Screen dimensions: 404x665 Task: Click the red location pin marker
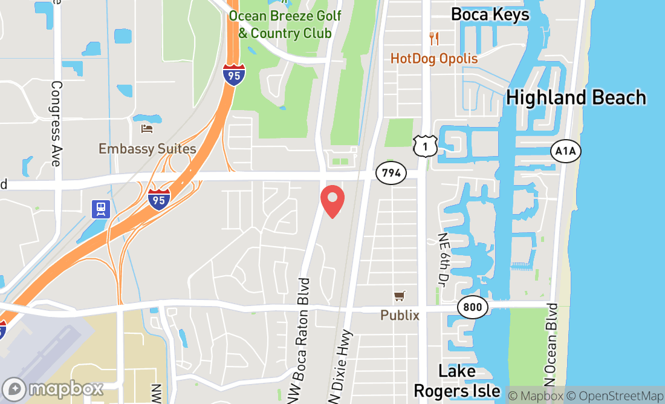pyautogui.click(x=332, y=201)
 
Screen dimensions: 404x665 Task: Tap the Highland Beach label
pyautogui.click(x=576, y=97)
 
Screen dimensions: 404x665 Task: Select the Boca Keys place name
pyautogui.click(x=490, y=15)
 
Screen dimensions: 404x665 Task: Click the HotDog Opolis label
pyautogui.click(x=434, y=59)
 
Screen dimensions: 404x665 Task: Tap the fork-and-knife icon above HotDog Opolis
pyautogui.click(x=433, y=39)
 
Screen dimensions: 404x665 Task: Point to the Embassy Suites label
pyautogui.click(x=148, y=149)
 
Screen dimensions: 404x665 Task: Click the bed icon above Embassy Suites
pyautogui.click(x=147, y=128)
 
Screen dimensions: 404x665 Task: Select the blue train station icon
pyautogui.click(x=100, y=209)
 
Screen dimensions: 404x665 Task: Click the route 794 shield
pyautogui.click(x=391, y=173)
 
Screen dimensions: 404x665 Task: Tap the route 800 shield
pyautogui.click(x=473, y=307)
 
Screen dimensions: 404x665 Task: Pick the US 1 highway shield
pyautogui.click(x=426, y=146)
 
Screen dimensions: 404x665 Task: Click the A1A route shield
pyautogui.click(x=565, y=151)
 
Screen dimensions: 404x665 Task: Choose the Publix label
pyautogui.click(x=400, y=315)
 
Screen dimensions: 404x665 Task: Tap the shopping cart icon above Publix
pyautogui.click(x=399, y=296)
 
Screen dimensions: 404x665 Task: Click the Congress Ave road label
pyautogui.click(x=56, y=123)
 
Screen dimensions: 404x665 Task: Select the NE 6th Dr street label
pyautogui.click(x=446, y=259)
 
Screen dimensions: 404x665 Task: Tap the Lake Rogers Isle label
pyautogui.click(x=457, y=381)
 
